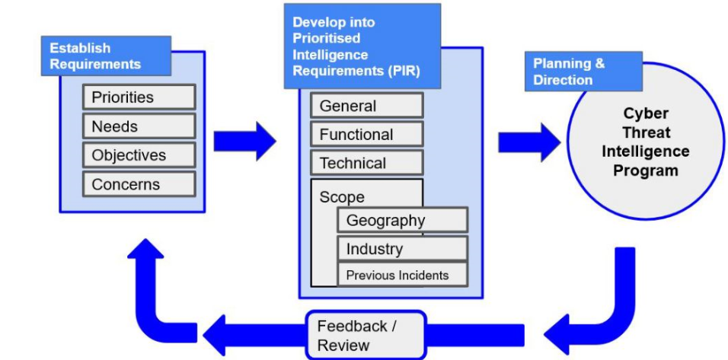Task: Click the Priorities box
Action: coord(139,97)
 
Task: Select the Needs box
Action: coord(139,126)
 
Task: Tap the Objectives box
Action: coord(139,155)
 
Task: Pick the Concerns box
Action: coord(139,184)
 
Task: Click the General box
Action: coord(366,106)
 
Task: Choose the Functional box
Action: coord(366,135)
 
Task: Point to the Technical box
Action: coord(366,163)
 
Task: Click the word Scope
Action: coord(342,197)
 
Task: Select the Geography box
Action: coord(402,221)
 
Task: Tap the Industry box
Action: coord(402,249)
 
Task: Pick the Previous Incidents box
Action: coord(402,276)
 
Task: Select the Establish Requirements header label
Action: coord(106,56)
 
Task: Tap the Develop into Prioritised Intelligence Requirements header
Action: coord(362,46)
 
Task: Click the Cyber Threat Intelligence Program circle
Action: coord(645,142)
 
